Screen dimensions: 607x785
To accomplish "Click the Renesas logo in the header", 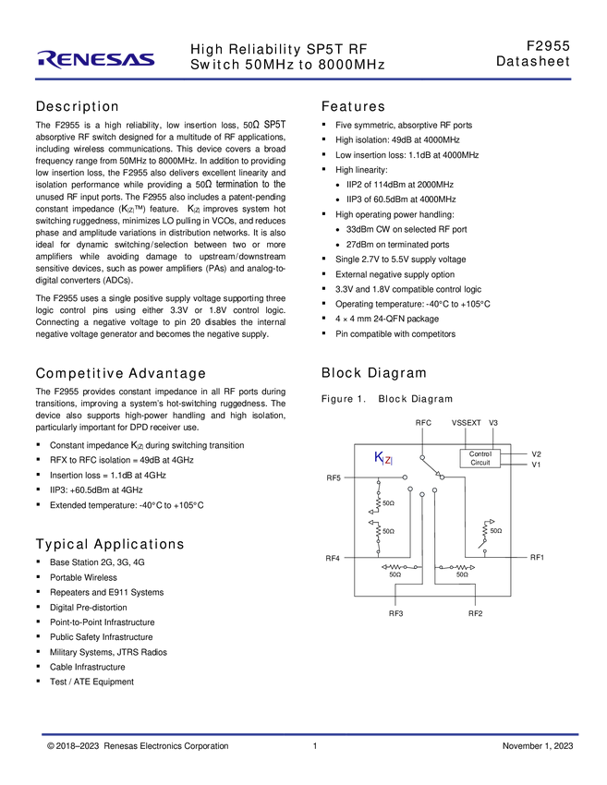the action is (x=96, y=60).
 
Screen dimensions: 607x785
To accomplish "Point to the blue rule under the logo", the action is (x=303, y=80).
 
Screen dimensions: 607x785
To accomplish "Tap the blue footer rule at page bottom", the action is (x=310, y=734).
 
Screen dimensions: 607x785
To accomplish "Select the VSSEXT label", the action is (x=462, y=422).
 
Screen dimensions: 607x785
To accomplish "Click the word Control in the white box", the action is (x=480, y=454).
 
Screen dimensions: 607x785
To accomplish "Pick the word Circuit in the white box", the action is (x=480, y=463).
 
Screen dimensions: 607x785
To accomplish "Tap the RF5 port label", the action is (x=334, y=477).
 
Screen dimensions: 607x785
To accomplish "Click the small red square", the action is (x=388, y=459).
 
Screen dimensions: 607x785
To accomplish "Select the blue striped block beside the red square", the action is (x=378, y=455).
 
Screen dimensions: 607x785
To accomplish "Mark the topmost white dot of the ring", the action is (x=422, y=457).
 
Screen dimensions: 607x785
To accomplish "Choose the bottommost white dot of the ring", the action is (x=421, y=494).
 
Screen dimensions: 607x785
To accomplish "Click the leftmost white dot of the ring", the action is (x=405, y=477).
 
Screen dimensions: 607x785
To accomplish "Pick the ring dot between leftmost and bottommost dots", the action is (x=410, y=488).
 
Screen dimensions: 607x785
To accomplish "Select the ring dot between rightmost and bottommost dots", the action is (x=434, y=489).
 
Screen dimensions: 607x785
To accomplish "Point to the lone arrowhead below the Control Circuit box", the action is (x=491, y=522).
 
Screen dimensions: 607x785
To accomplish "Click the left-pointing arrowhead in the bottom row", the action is (x=383, y=567).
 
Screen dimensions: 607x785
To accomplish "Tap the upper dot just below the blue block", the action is (x=378, y=484).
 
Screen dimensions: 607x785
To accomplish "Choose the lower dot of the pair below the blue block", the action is (x=379, y=493).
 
